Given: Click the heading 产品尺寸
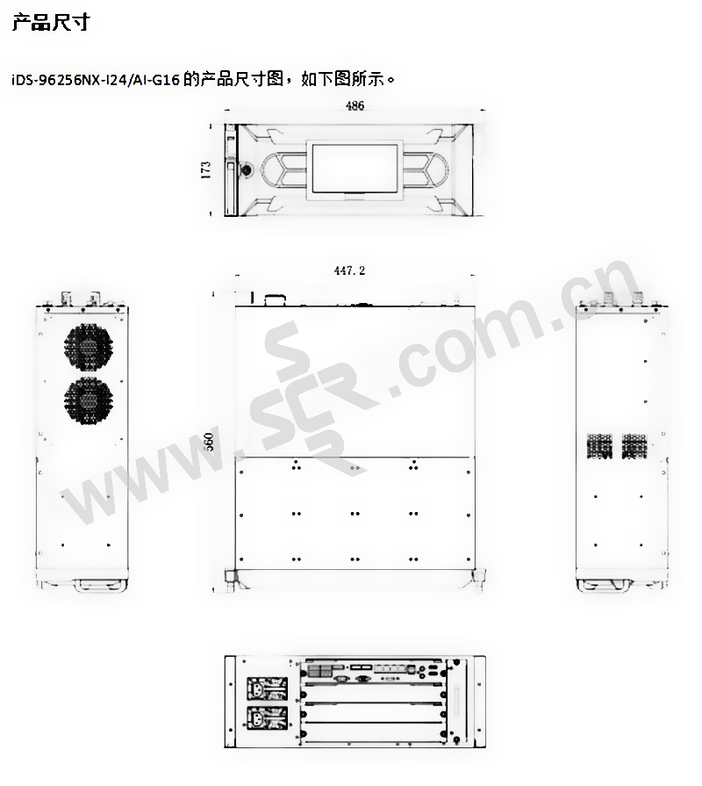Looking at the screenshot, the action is [x=51, y=22].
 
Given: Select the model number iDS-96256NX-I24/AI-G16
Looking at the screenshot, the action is [x=96, y=80].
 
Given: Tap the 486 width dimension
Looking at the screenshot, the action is [x=355, y=105].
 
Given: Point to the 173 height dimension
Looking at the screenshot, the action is [x=206, y=169].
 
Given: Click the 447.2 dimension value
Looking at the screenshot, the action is [x=349, y=270].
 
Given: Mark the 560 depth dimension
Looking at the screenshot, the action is [x=209, y=442].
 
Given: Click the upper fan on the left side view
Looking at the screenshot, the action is [x=89, y=346].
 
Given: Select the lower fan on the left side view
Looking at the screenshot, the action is [x=89, y=400].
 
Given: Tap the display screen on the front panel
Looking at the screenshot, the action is [x=355, y=169].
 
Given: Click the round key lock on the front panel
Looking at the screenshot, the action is [x=247, y=169].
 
